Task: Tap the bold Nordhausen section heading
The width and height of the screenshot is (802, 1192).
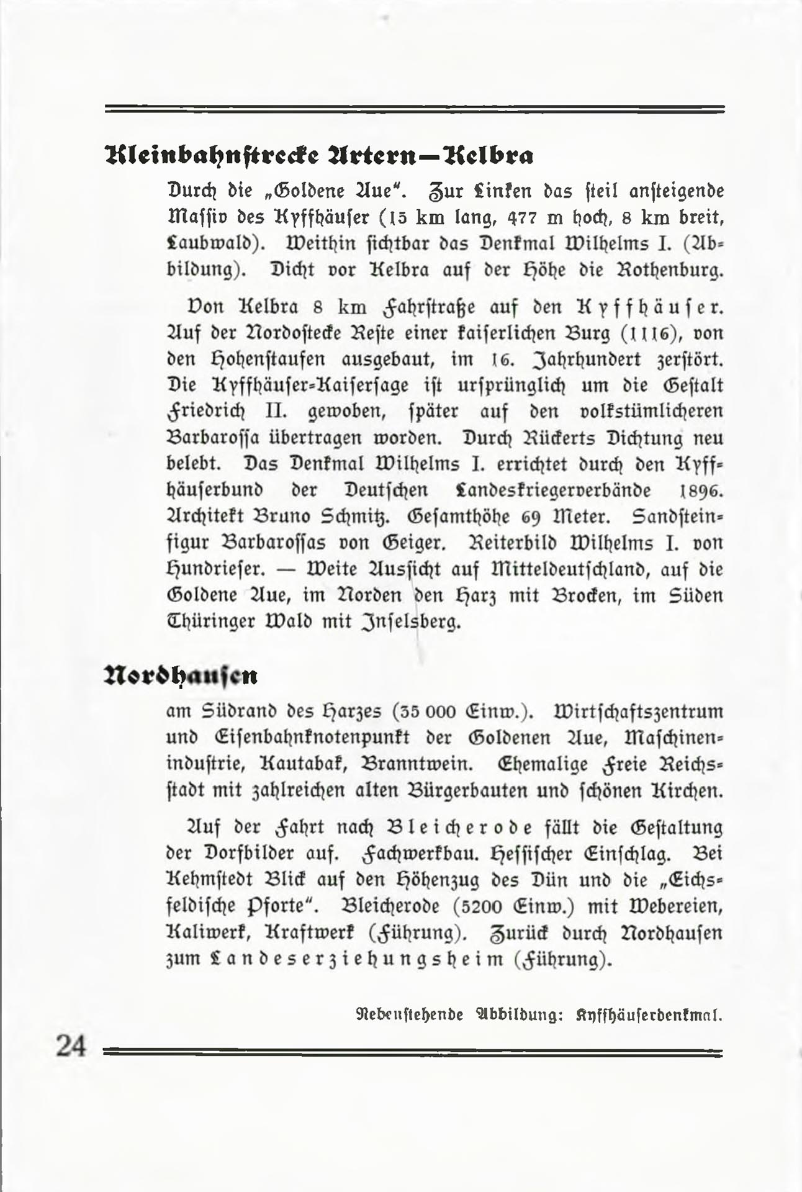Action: [x=181, y=675]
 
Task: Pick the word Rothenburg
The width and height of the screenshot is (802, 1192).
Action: [x=670, y=271]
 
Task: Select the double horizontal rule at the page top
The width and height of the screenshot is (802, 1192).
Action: [x=415, y=109]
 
